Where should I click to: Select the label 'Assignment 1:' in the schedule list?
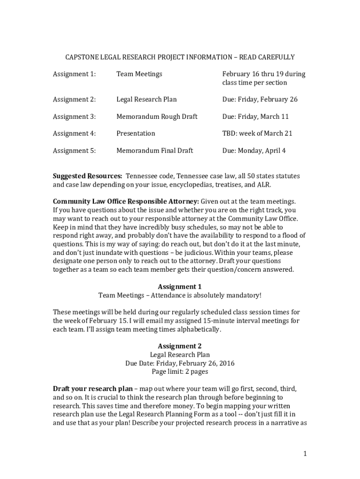pos(74,74)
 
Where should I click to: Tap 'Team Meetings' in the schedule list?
pos(139,74)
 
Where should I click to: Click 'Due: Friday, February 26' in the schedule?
pos(259,99)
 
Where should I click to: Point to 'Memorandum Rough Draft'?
pos(157,116)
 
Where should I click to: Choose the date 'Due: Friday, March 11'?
pos(255,116)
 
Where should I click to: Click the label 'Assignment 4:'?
pos(74,133)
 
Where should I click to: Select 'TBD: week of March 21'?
pos(257,133)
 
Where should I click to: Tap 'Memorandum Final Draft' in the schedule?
pos(154,151)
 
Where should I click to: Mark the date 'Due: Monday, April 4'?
pos(254,151)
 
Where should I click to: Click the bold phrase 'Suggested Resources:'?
pos(87,176)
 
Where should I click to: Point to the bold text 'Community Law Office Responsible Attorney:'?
pos(126,202)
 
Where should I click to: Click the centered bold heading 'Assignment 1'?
pos(180,287)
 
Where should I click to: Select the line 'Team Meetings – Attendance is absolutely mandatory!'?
pos(180,295)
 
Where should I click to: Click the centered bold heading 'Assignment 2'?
pos(180,346)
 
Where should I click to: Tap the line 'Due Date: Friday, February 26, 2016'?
pos(180,363)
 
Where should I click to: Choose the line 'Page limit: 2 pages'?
pos(180,372)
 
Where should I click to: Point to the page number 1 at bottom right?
pos(304,453)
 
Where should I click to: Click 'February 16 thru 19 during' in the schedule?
pos(264,74)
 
